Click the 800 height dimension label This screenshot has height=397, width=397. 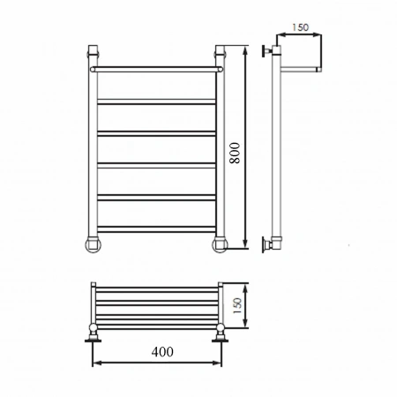point(236,153)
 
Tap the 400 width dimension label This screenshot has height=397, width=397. point(162,352)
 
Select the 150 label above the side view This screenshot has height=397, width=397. point(300,27)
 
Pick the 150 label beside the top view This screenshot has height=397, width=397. point(237,306)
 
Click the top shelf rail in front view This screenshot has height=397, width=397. point(156,70)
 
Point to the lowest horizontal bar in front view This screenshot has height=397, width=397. point(156,229)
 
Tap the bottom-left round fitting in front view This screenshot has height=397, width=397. point(94,245)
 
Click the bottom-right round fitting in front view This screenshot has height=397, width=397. point(220,245)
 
